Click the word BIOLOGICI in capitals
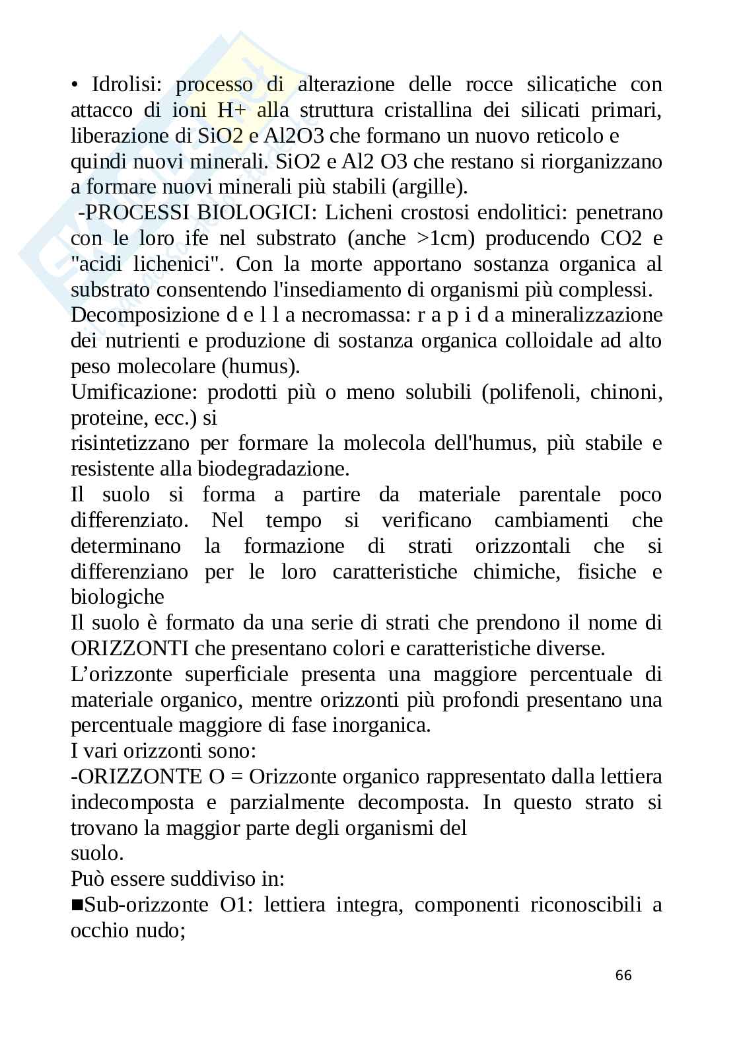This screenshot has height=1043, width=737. [x=258, y=213]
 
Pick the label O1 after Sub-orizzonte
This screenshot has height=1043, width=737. [x=232, y=906]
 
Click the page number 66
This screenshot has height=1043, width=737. [x=623, y=976]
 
